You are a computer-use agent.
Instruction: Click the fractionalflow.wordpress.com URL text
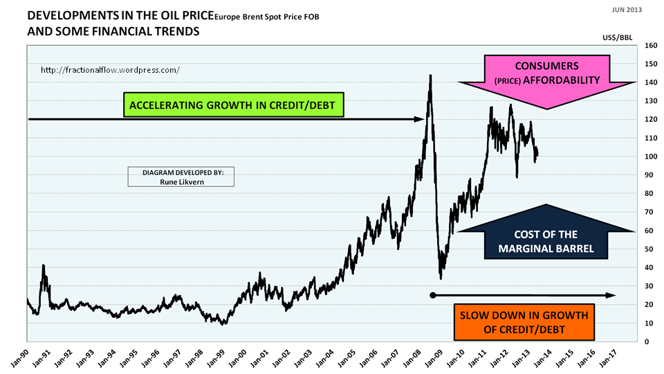pyautogui.click(x=111, y=70)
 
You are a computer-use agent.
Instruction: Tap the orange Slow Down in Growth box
pyautogui.click(x=524, y=323)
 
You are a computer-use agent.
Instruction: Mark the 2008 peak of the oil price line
pyautogui.click(x=431, y=75)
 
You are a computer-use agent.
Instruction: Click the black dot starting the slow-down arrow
pyautogui.click(x=433, y=295)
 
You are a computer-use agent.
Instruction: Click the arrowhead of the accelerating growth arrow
pyautogui.click(x=419, y=119)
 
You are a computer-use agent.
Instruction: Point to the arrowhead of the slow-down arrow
pyautogui.click(x=611, y=295)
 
